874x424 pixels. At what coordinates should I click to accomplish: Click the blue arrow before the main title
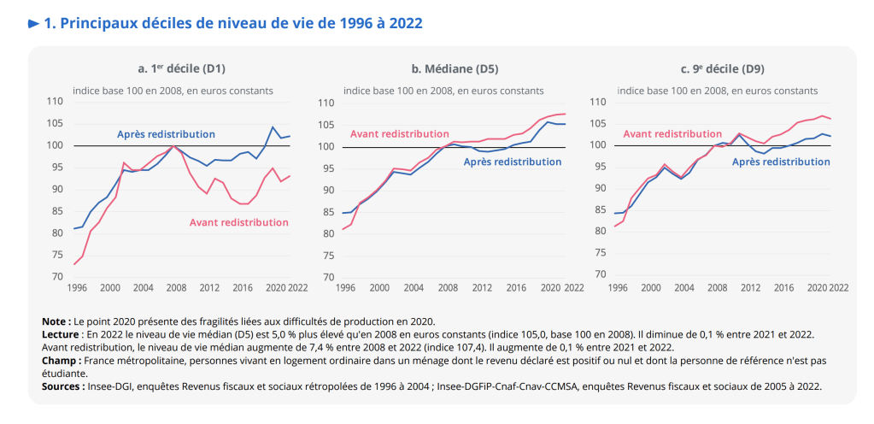point(34,24)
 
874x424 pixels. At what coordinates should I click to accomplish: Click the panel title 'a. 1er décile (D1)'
point(181,68)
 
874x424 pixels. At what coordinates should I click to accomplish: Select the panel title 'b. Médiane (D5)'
point(453,68)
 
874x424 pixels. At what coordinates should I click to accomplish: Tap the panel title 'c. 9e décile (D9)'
point(725,68)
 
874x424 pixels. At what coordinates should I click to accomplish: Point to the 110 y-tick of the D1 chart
point(56,102)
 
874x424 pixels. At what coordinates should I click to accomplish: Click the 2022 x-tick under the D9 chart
point(837,287)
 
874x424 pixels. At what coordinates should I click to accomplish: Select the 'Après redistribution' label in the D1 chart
point(166,134)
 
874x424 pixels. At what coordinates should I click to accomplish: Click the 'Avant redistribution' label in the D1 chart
point(239,222)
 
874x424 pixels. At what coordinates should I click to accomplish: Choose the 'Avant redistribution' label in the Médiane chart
point(399,134)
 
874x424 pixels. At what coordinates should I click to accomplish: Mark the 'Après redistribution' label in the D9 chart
point(781,162)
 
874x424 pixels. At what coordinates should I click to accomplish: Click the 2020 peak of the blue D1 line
point(273,127)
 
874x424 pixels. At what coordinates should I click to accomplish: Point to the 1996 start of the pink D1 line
point(73,264)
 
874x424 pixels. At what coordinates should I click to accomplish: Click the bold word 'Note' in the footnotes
point(56,321)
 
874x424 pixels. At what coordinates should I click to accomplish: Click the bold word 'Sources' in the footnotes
point(62,387)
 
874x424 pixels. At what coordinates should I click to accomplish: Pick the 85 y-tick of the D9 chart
point(599,210)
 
